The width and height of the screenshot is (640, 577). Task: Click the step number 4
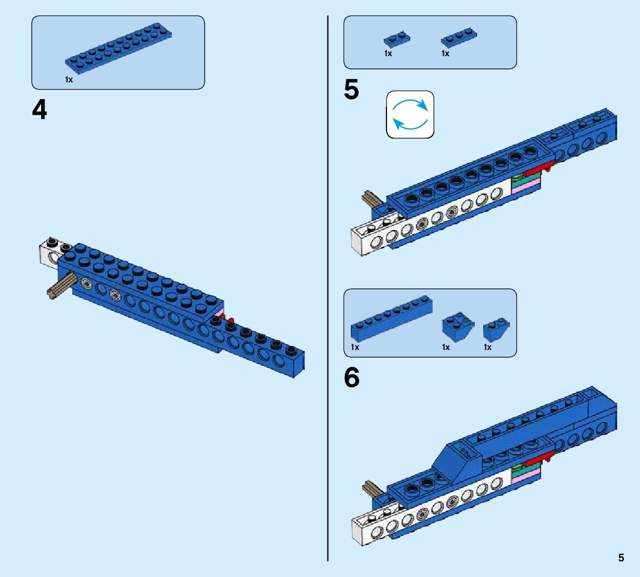(x=39, y=110)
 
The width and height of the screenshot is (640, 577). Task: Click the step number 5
(x=351, y=90)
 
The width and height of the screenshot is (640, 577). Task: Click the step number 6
(x=351, y=378)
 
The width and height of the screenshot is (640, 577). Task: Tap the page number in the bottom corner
(x=621, y=558)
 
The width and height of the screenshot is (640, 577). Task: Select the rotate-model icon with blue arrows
(x=410, y=115)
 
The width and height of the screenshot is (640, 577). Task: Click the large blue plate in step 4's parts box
(x=118, y=50)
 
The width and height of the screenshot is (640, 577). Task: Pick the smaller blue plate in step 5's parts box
(x=396, y=40)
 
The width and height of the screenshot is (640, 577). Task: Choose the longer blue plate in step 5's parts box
(x=459, y=38)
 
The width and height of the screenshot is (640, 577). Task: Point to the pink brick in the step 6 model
(x=525, y=474)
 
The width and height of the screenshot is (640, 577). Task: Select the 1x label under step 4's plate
(x=69, y=80)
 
